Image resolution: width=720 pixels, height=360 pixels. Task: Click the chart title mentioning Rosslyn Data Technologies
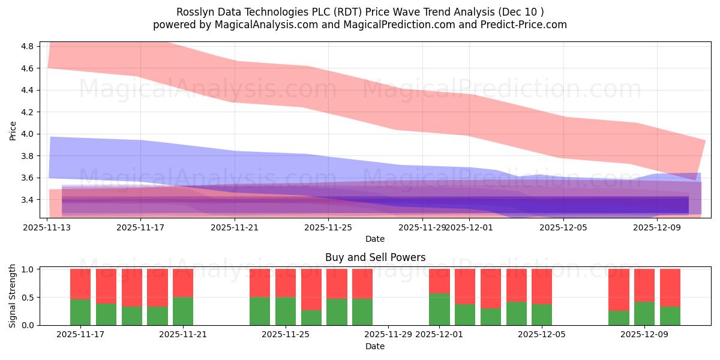tap(360, 12)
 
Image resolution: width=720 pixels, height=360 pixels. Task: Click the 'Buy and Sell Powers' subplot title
tap(375, 257)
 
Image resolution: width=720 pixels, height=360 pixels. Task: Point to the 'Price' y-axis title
tap(13, 130)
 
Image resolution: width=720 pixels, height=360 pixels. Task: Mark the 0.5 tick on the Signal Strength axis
tap(28, 298)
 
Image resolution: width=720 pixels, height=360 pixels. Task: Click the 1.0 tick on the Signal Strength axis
tap(28, 269)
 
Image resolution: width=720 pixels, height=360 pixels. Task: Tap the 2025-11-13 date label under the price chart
tap(47, 227)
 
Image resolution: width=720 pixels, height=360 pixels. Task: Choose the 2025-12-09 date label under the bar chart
tap(644, 335)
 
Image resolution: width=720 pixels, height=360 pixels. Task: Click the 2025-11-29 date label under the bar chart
tap(388, 335)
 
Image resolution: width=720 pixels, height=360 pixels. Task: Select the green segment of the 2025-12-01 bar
tap(439, 309)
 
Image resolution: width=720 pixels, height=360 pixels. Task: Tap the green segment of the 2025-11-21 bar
tap(183, 311)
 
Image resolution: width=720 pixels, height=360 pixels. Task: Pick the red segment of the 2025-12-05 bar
tap(542, 286)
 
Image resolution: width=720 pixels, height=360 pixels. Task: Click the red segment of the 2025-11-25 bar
tap(286, 283)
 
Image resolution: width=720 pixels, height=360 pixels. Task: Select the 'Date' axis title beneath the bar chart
tap(375, 346)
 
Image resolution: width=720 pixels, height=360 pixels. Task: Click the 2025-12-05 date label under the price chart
tap(563, 227)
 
